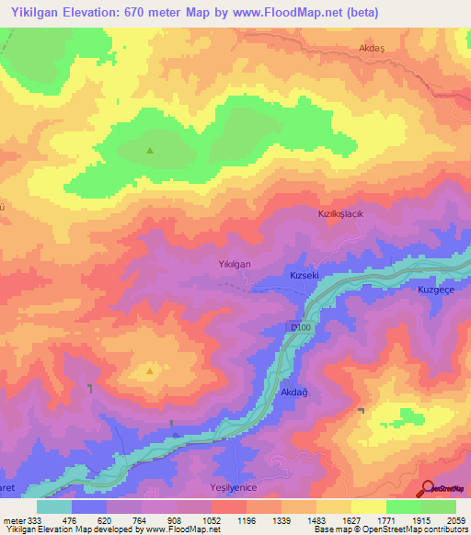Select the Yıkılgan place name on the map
click(x=235, y=264)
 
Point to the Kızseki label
click(x=304, y=275)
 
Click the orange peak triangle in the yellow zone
click(x=150, y=372)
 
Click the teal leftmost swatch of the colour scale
click(x=53, y=507)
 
